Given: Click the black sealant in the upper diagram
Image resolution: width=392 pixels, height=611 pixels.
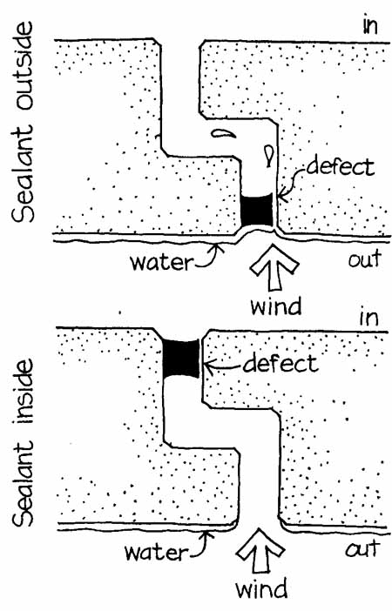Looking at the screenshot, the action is (x=256, y=211).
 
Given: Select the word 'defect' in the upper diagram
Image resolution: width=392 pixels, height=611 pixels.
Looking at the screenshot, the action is (x=340, y=168).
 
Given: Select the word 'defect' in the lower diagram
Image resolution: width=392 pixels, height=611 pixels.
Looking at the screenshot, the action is (x=280, y=363).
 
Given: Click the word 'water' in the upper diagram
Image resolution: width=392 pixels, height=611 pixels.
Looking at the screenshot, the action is (x=161, y=263).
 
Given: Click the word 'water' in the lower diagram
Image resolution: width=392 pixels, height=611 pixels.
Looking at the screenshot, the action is (x=156, y=552).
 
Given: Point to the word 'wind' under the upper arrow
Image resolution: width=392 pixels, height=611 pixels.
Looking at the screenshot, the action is (x=276, y=305).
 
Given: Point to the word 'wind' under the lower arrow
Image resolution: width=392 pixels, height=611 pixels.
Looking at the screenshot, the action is (x=261, y=588).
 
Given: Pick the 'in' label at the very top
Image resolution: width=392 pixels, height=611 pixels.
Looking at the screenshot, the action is (x=369, y=26).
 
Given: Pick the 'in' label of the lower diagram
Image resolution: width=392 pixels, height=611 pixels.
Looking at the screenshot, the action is (x=368, y=318).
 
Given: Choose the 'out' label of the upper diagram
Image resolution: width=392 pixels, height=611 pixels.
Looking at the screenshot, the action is (x=364, y=259).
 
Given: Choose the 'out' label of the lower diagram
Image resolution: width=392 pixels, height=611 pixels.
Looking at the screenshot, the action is (x=362, y=548).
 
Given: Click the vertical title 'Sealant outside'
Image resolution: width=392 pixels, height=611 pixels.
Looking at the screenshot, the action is (x=23, y=123).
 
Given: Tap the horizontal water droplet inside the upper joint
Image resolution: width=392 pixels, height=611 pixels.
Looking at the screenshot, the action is (x=223, y=133).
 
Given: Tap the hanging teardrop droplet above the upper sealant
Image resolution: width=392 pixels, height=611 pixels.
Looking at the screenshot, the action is (x=269, y=154).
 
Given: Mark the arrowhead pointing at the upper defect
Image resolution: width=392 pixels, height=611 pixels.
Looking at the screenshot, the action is (x=284, y=196).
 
